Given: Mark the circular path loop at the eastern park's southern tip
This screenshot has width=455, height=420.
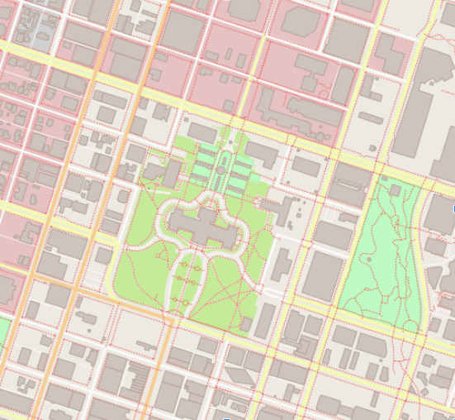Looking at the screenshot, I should coord(410,327).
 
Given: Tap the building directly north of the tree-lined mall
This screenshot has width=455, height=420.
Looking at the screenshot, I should coord(202,131).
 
